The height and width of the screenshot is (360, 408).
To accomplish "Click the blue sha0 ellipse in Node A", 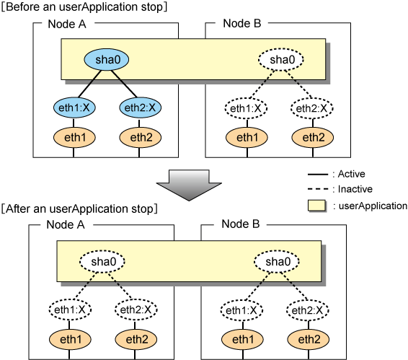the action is point(107,59).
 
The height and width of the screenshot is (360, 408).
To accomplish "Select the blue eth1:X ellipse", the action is point(74,107).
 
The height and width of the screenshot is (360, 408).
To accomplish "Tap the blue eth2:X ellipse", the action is point(140,107).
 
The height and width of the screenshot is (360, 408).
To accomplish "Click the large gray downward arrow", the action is point(189,185).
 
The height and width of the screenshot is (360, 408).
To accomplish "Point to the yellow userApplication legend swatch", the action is point(316,206).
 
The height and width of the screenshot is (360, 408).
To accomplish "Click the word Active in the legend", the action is point(351,174).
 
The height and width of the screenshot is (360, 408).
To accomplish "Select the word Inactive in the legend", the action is point(355,189).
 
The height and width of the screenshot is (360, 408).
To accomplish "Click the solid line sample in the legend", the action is point(318,174).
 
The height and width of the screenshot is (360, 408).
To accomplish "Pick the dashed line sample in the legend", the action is point(318,189).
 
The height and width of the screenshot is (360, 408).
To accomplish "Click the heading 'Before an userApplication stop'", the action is point(84,6).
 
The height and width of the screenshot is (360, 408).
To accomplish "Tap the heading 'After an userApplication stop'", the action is point(79,208).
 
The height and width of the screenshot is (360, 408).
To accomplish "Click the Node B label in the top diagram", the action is point(242,23).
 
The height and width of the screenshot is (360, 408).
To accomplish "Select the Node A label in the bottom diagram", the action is point(66,224).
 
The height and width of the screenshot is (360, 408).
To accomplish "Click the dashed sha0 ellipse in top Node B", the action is point(281,59).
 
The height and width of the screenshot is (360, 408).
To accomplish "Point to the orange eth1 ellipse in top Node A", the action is point(74,137).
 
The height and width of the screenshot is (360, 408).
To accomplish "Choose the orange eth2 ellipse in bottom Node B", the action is point(309,339).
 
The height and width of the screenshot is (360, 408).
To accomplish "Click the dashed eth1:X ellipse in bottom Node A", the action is point(70,309).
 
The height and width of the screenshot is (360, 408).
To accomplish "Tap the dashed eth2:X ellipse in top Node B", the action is point(311,108).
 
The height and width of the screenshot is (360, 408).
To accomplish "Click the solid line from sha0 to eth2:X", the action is point(125,84).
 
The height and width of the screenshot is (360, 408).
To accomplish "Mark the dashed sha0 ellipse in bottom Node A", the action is point(102,261).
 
